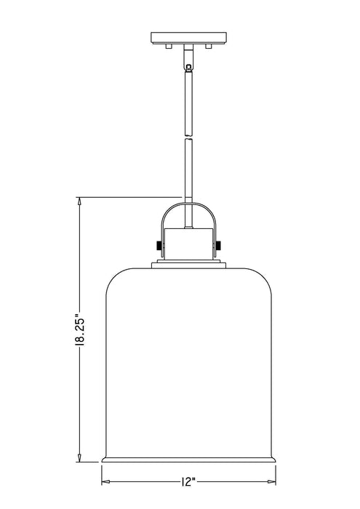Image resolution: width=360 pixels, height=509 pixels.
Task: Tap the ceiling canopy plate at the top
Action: pyautogui.click(x=188, y=37)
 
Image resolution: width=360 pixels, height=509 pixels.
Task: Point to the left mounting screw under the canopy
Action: pyautogui.click(x=169, y=46)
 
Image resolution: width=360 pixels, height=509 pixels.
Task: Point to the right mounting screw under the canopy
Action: pyautogui.click(x=209, y=46)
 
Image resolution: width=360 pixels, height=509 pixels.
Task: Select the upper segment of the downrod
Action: pyautogui.click(x=188, y=102)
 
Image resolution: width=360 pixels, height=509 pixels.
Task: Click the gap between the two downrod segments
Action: pyautogui.click(x=188, y=139)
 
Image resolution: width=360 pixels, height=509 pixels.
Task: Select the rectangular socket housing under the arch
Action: pyautogui.click(x=188, y=244)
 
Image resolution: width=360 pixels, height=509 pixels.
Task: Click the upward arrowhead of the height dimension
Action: pyautogui.click(x=79, y=201)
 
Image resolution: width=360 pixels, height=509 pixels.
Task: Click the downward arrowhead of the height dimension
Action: pyautogui.click(x=79, y=457)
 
